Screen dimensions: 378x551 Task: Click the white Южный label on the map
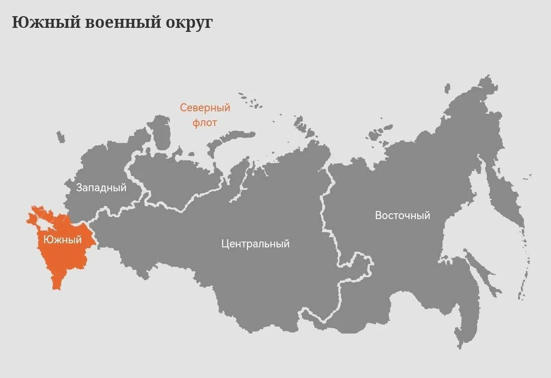pyautogui.click(x=63, y=240)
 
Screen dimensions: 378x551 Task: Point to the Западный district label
pyautogui.click(x=101, y=188)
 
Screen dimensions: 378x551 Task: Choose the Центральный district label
pyautogui.click(x=255, y=244)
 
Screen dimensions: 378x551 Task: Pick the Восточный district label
pyautogui.click(x=402, y=215)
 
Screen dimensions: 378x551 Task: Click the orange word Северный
pyautogui.click(x=205, y=108)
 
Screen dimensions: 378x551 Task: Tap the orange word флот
pyautogui.click(x=205, y=122)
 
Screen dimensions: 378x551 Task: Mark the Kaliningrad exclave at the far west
pyautogui.click(x=61, y=137)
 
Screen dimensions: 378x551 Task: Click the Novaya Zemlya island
pyautogui.click(x=229, y=137)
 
